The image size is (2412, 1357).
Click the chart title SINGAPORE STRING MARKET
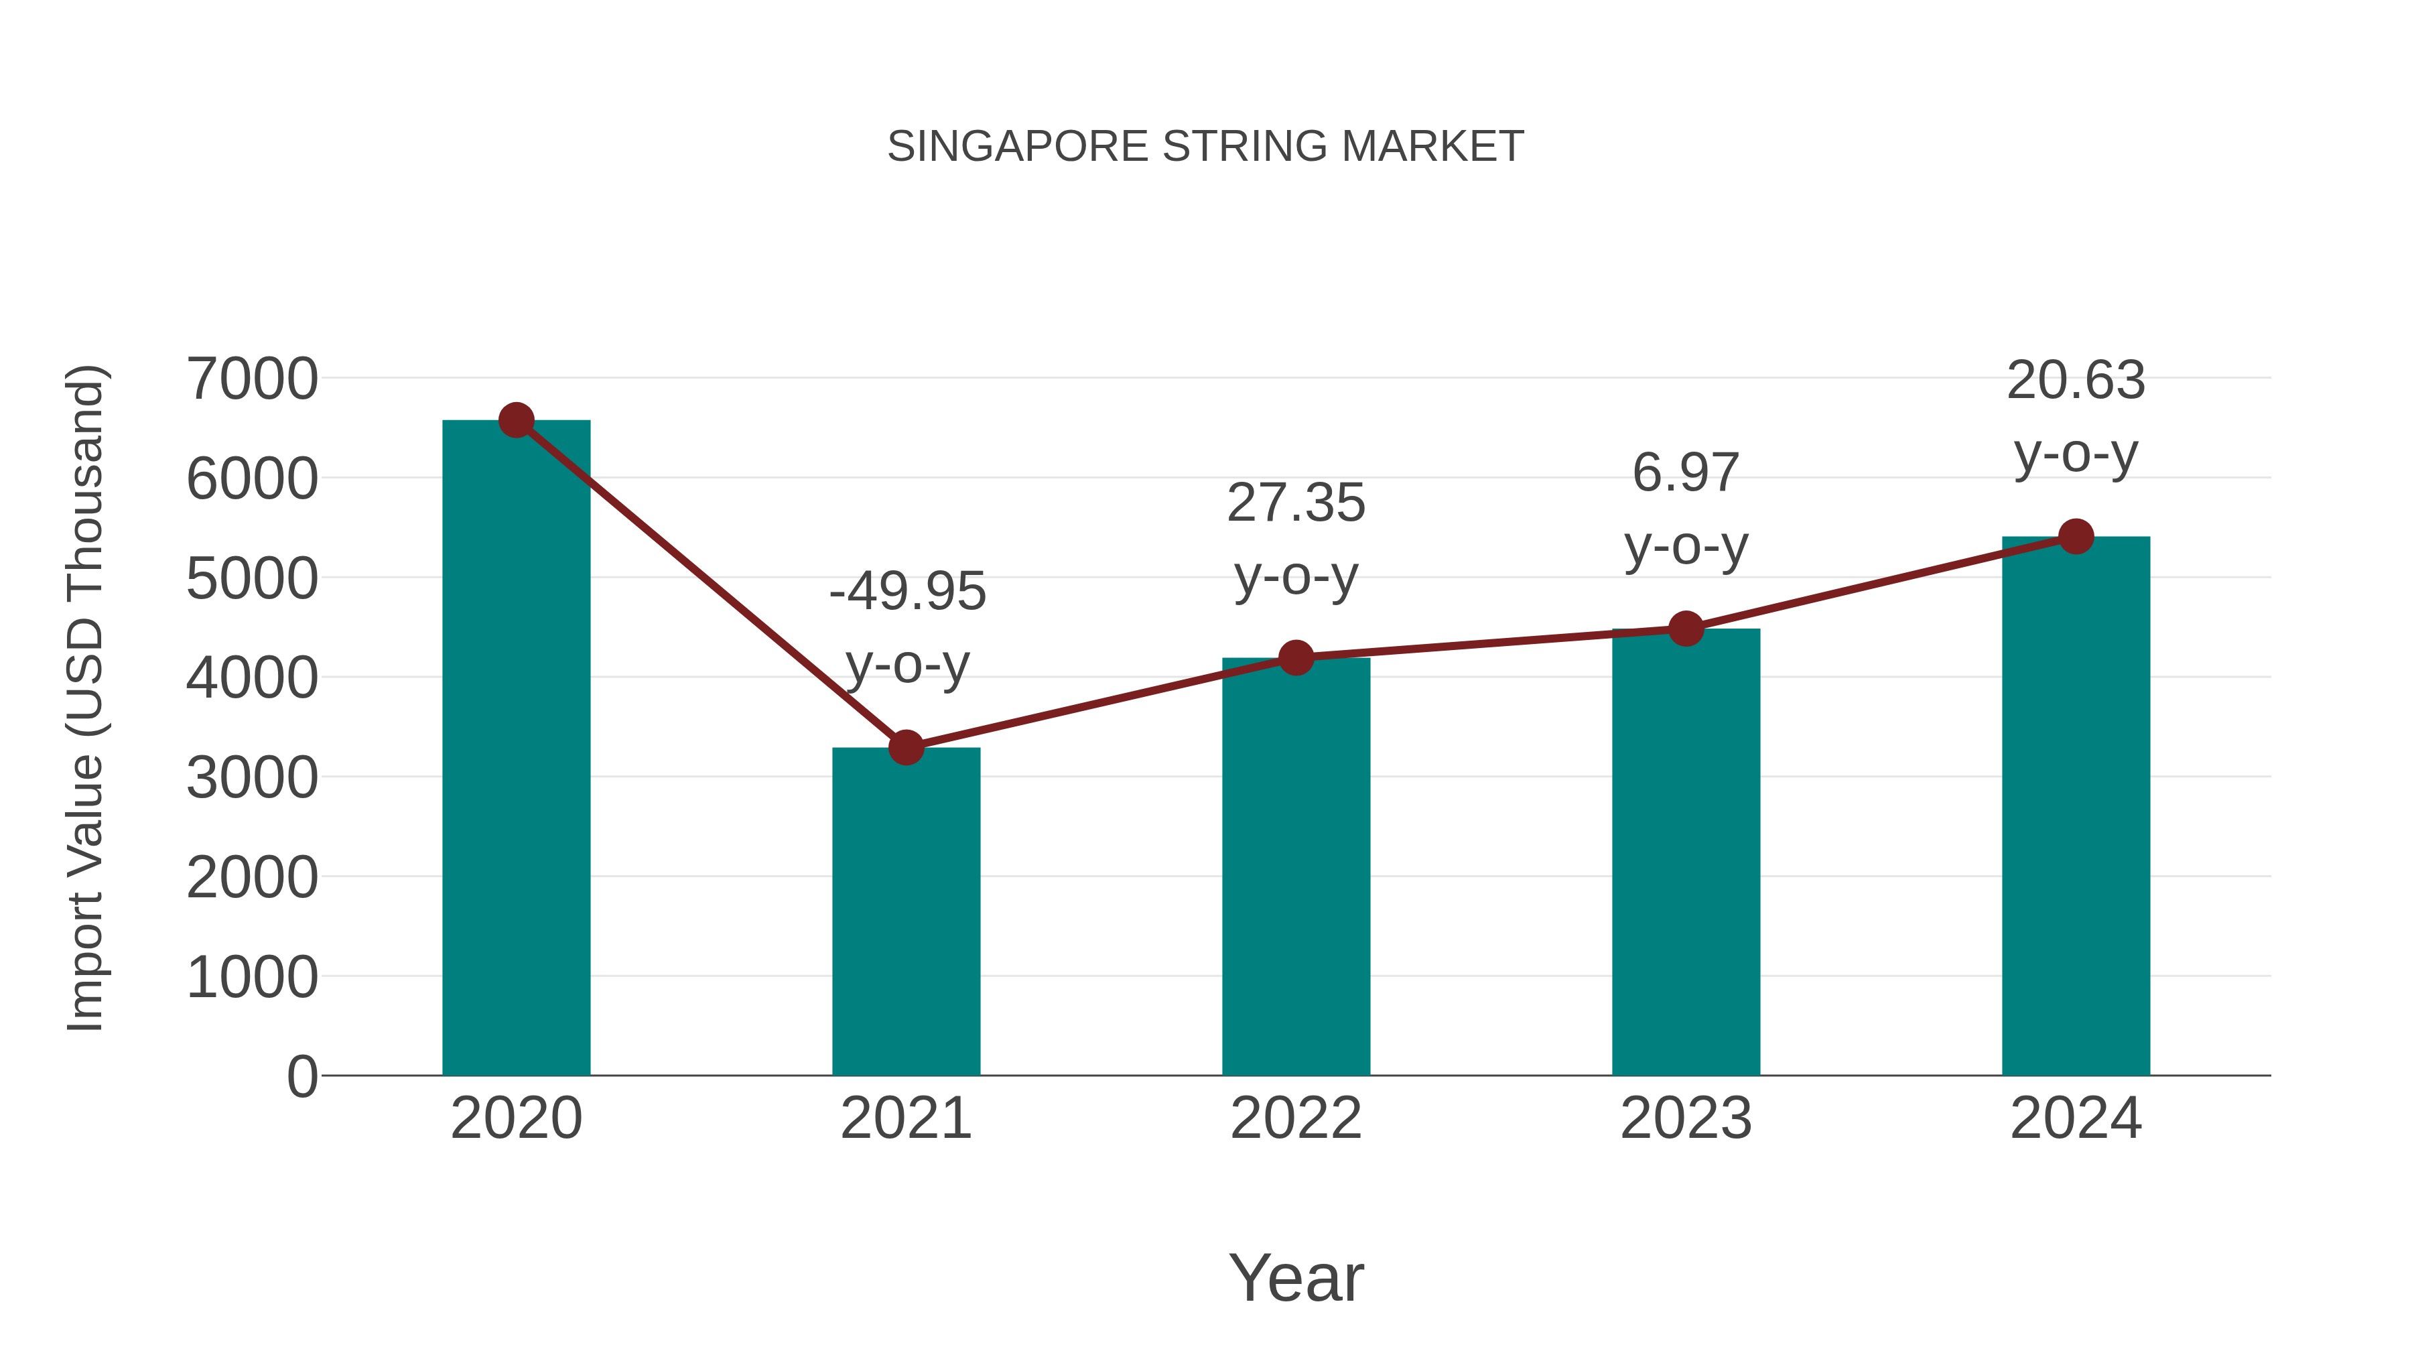[x=1205, y=147]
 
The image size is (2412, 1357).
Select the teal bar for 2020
[x=516, y=749]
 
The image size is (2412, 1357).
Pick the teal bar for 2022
[x=1296, y=866]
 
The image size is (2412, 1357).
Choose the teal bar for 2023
[x=1686, y=852]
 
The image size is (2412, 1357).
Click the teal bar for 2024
[x=2076, y=805]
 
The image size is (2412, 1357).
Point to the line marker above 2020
[x=516, y=420]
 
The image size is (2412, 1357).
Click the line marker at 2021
[x=905, y=747]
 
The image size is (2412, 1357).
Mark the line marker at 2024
[x=2076, y=537]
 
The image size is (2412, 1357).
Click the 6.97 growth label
[x=1686, y=509]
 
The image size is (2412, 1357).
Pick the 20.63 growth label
[x=2076, y=417]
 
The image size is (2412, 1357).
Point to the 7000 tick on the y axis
[x=252, y=379]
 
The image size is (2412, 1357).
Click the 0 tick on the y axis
[x=301, y=1076]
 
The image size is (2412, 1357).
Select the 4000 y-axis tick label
[x=252, y=678]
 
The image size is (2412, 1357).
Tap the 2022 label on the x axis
[x=1296, y=1118]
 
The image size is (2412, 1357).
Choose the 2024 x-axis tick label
[x=2076, y=1118]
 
